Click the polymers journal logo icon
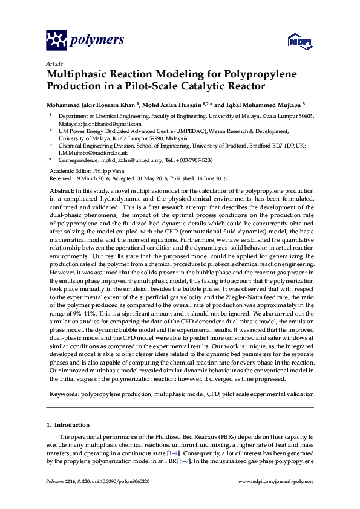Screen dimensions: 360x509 tap(57, 41)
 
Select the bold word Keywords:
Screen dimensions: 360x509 tap(63, 394)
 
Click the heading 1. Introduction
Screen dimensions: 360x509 tap(68, 425)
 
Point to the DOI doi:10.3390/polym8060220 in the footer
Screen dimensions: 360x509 tap(121, 481)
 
